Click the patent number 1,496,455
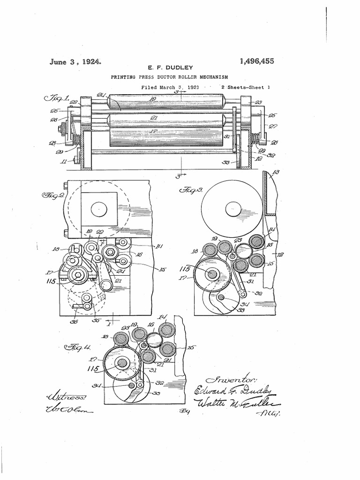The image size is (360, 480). (256, 61)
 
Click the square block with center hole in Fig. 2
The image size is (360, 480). (99, 209)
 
